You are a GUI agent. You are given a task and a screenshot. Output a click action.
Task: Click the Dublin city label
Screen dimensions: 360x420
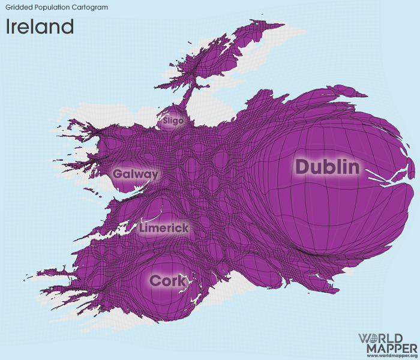coord(327,167)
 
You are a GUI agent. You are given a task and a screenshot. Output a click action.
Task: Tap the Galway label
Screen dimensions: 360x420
coord(136,175)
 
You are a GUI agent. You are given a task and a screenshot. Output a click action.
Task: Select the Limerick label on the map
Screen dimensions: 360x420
coord(164,229)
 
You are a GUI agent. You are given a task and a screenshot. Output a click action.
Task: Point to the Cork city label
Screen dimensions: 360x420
coord(168,280)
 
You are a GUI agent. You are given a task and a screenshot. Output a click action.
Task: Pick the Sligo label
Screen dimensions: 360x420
coord(173,121)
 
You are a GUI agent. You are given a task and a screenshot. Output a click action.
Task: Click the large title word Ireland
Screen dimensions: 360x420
coord(40,26)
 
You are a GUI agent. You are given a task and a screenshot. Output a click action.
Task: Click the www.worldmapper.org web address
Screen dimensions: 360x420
coord(388,356)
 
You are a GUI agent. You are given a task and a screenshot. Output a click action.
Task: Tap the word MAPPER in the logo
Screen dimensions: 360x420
coord(388,348)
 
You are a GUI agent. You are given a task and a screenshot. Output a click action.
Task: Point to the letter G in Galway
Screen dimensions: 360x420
coord(118,175)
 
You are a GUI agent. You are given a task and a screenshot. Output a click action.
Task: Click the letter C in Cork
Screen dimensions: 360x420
coord(155,280)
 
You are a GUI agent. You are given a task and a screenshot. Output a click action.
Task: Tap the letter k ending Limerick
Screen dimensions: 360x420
coord(185,229)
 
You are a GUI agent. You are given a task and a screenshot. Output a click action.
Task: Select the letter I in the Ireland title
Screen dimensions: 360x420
coord(8,26)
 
